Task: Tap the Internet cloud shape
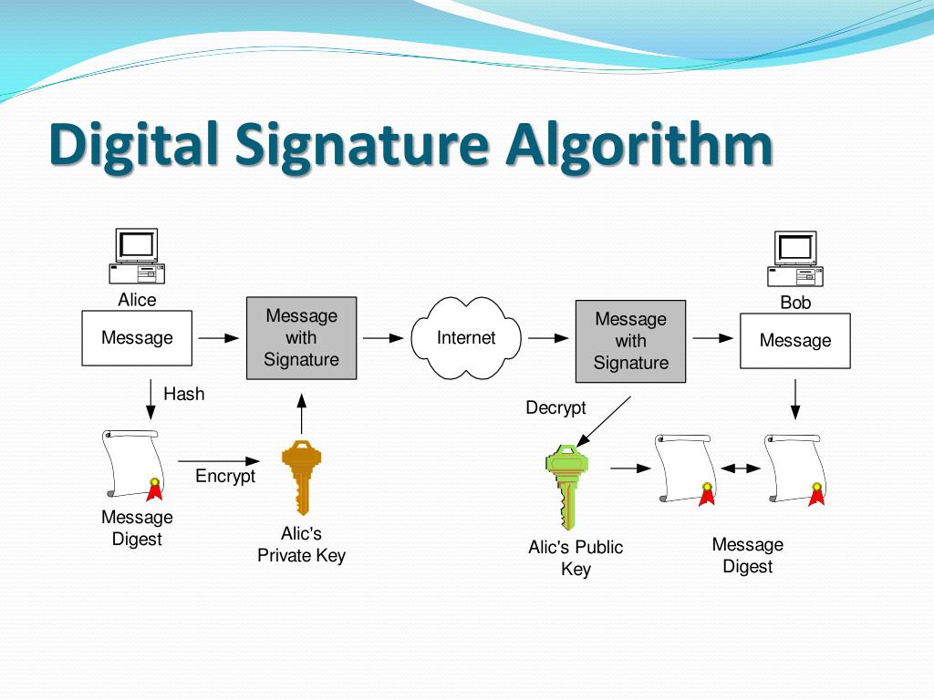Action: point(466,338)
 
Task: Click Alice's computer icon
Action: point(137,258)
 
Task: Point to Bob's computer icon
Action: point(795,260)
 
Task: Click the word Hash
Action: point(183,394)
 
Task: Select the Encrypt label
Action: point(225,476)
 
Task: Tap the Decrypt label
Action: point(555,407)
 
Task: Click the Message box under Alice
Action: point(137,338)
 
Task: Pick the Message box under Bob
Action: point(795,341)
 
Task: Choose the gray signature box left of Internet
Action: point(301,338)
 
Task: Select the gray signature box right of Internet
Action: point(630,341)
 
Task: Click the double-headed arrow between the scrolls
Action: point(741,468)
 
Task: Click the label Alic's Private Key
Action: point(301,544)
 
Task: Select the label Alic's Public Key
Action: point(576,558)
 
